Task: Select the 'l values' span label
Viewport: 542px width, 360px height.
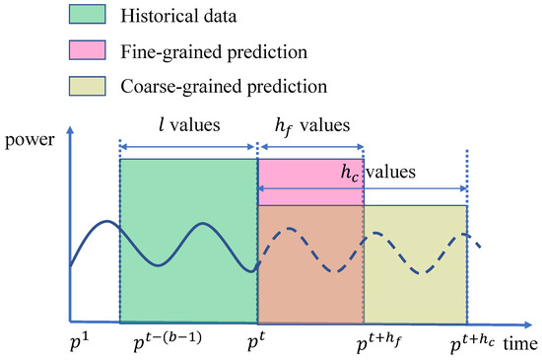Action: [x=189, y=129]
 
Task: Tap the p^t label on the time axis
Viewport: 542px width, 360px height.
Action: [x=256, y=342]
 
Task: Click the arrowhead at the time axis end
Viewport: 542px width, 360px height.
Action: [x=500, y=323]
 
